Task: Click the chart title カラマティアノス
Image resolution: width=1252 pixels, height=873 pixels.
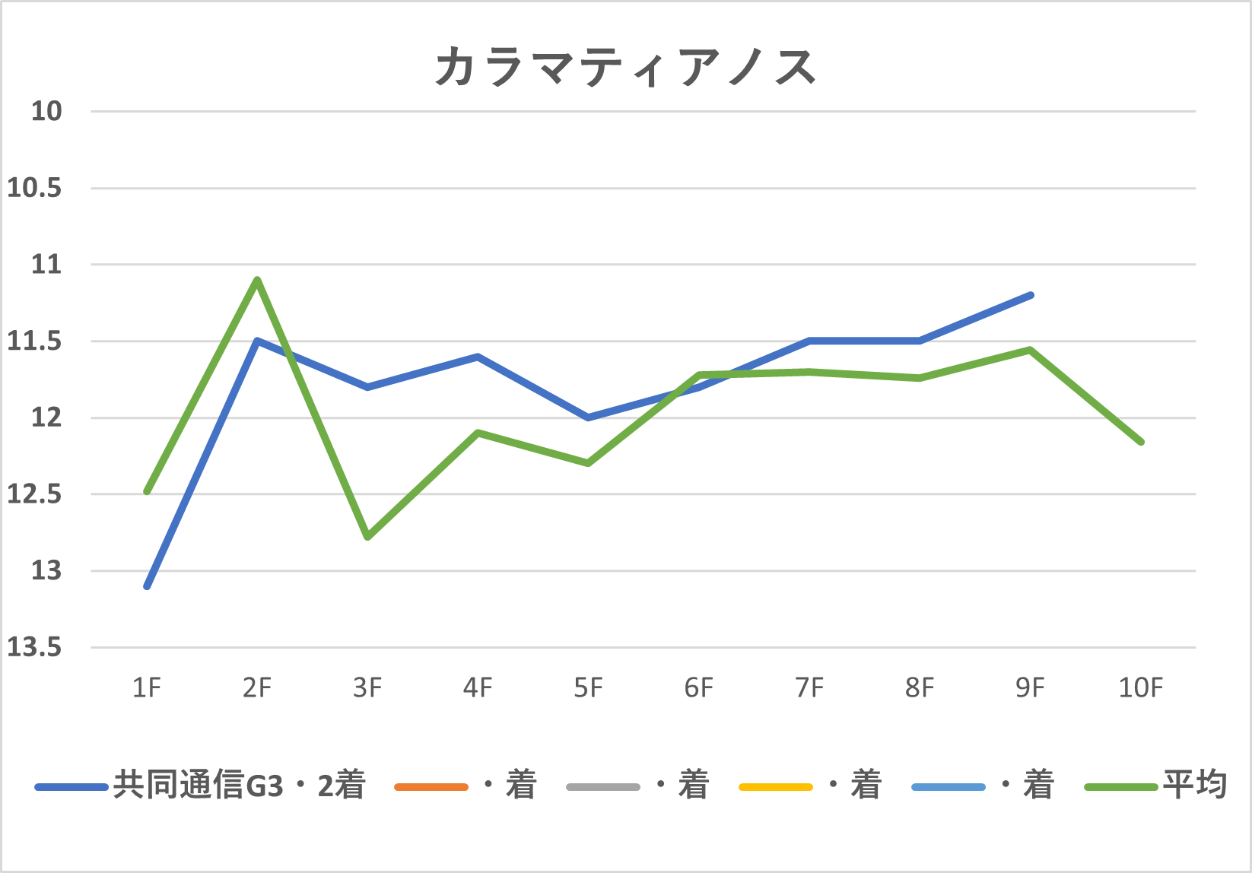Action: click(x=625, y=67)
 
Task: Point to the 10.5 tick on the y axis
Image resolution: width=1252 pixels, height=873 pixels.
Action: click(x=34, y=188)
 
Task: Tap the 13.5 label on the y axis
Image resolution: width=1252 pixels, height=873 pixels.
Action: click(x=34, y=647)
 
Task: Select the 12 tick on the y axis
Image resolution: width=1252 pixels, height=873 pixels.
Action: click(x=46, y=417)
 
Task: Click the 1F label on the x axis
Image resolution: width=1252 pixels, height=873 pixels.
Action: click(x=147, y=687)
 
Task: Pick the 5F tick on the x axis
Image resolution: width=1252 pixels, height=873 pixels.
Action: click(x=588, y=687)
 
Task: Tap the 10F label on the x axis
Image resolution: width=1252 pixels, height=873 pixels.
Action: click(x=1140, y=687)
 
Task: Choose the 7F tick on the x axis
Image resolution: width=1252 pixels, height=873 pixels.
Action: click(x=809, y=687)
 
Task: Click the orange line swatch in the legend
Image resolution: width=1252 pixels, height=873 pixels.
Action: click(x=431, y=786)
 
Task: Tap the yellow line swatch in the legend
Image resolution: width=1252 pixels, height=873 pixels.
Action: click(x=776, y=786)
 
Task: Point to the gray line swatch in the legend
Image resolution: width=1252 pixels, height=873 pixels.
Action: click(x=603, y=786)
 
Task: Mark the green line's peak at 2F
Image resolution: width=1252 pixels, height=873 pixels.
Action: click(x=258, y=280)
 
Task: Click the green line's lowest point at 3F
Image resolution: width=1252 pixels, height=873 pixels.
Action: click(x=368, y=537)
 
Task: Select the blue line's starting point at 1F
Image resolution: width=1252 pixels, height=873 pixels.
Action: click(x=147, y=586)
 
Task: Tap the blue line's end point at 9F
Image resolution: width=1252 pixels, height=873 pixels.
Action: click(x=1031, y=295)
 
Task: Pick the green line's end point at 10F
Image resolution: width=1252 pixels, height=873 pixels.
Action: click(x=1141, y=442)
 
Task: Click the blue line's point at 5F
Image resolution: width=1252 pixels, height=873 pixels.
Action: click(x=588, y=417)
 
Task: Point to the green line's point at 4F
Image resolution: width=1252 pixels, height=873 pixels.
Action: click(x=478, y=433)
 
